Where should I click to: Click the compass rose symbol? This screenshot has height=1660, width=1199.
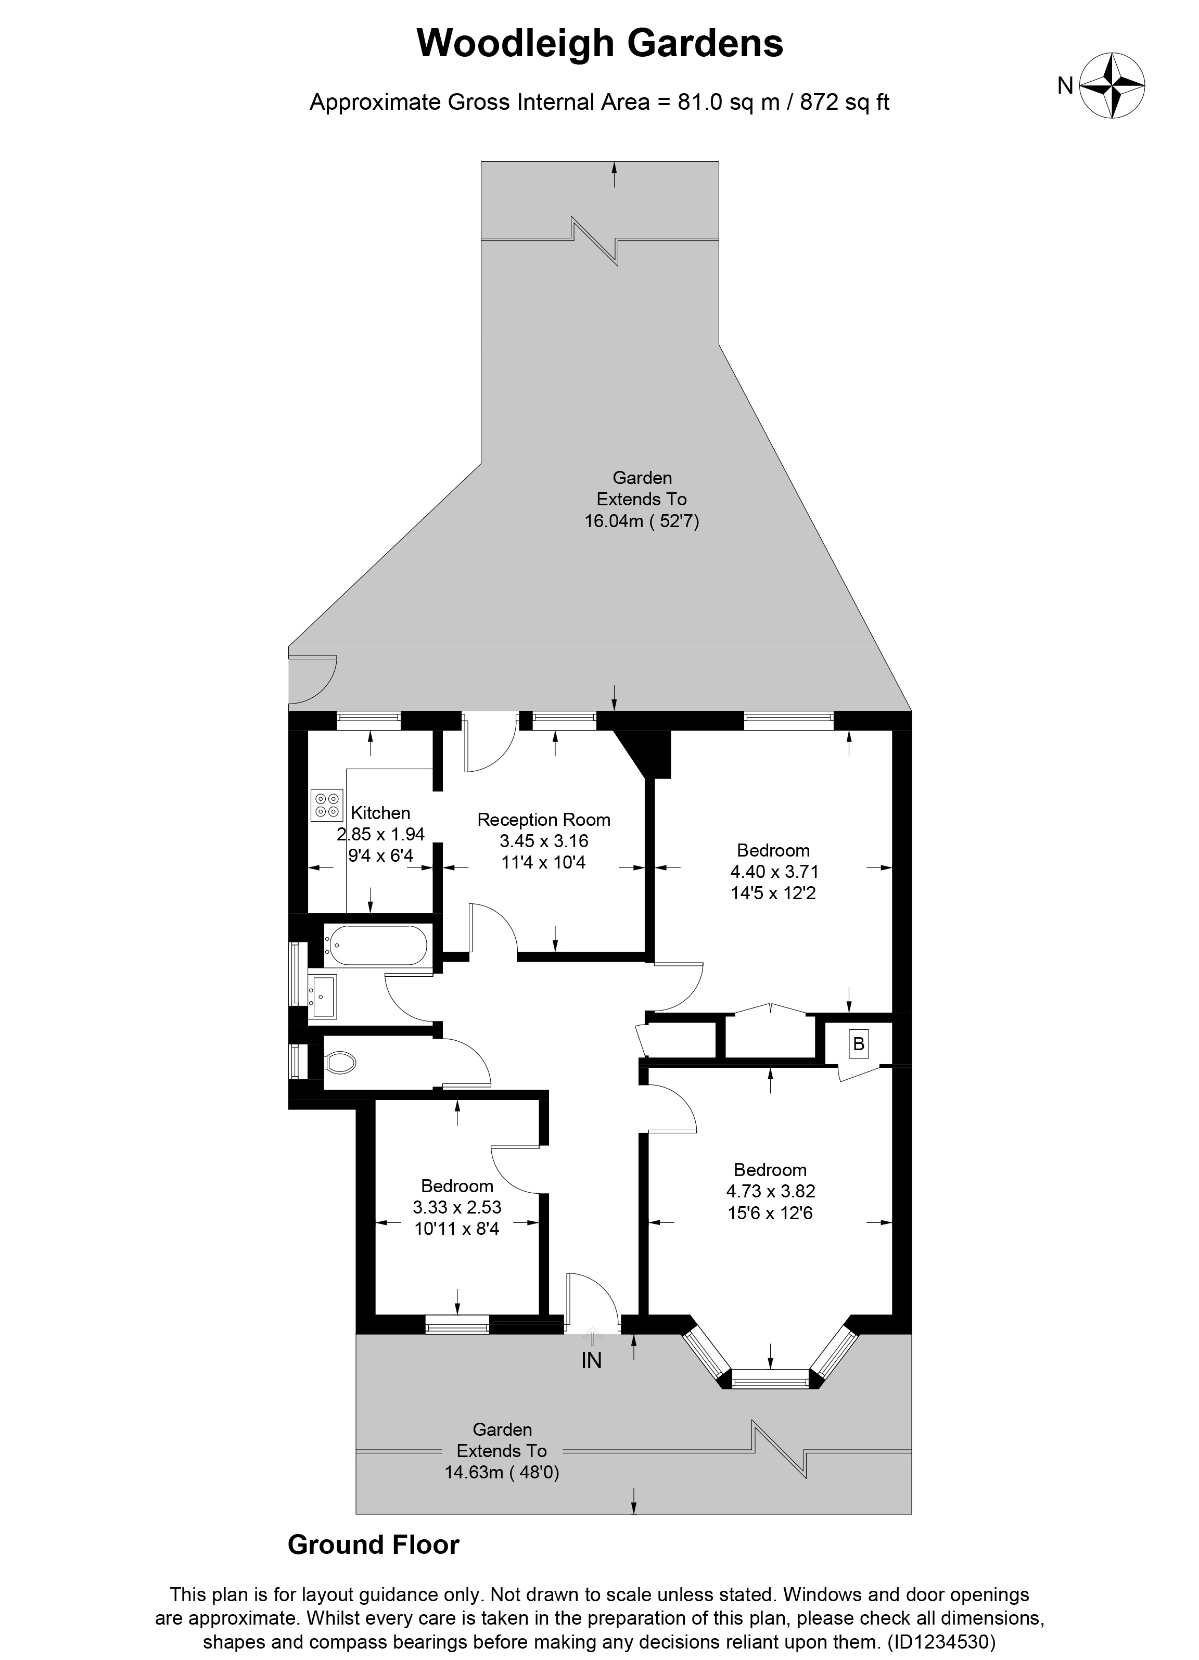tap(1112, 86)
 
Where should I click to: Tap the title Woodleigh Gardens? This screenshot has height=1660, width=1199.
tap(599, 43)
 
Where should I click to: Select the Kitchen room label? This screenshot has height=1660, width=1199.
tap(380, 812)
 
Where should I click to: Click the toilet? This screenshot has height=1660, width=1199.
tap(340, 1061)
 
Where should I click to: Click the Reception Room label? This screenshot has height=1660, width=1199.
tap(543, 820)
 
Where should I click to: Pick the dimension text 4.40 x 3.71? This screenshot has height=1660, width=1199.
tap(774, 872)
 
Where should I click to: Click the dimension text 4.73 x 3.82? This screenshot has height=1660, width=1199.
tap(771, 1191)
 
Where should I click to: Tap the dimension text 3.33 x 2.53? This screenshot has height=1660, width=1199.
tap(457, 1207)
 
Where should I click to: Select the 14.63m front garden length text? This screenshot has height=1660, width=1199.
tap(502, 1472)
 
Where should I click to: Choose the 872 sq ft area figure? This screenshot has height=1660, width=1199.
tap(844, 102)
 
